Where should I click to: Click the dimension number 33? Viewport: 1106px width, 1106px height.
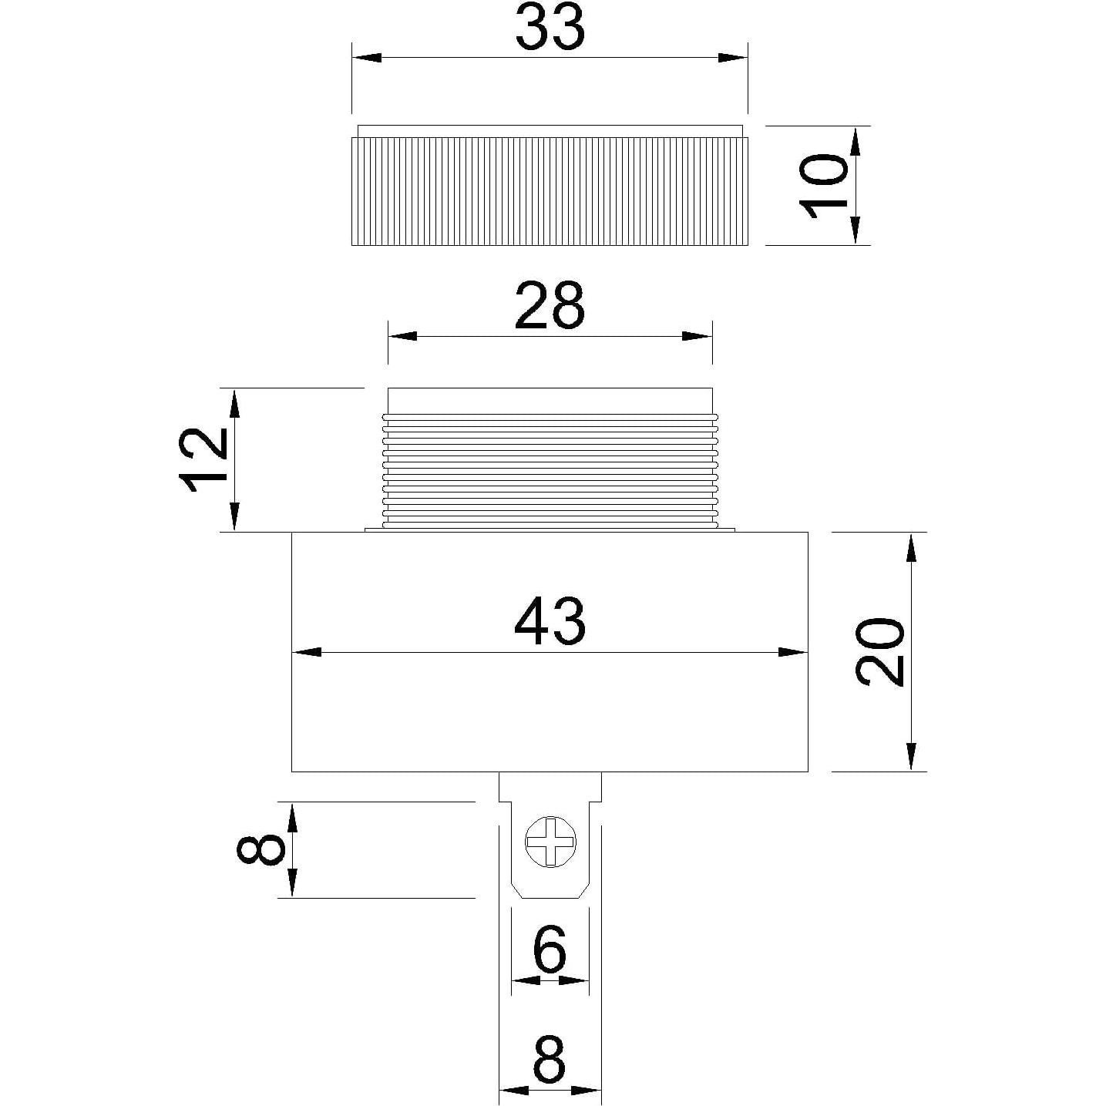(x=550, y=29)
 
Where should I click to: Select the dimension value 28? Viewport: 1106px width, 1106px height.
(x=550, y=306)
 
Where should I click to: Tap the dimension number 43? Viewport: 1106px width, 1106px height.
(x=550, y=622)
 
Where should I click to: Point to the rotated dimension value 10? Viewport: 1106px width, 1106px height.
(x=822, y=186)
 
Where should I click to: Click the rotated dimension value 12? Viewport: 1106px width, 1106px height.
(x=204, y=460)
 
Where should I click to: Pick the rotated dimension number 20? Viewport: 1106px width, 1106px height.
(x=879, y=651)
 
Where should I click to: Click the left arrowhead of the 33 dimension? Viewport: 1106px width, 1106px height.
(x=366, y=58)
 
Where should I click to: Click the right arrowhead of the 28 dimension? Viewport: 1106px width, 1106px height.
(x=698, y=336)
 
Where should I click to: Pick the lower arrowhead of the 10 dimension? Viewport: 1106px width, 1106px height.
(x=856, y=230)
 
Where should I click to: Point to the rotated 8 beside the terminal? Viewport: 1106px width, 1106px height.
(x=260, y=850)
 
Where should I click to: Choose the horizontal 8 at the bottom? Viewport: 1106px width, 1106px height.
(x=550, y=1059)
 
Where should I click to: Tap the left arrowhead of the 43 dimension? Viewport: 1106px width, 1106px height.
(x=307, y=652)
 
